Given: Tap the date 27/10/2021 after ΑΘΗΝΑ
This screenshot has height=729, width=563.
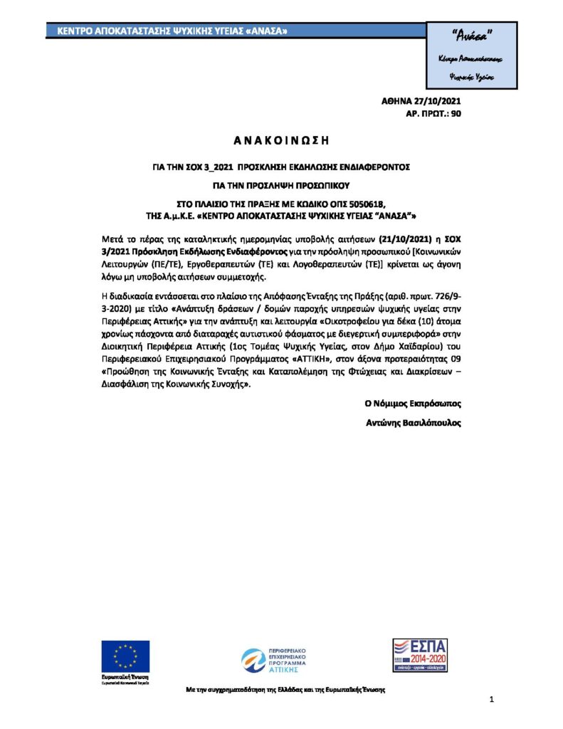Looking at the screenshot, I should point(437,102).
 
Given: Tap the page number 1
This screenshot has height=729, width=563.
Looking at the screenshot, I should point(492,701).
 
